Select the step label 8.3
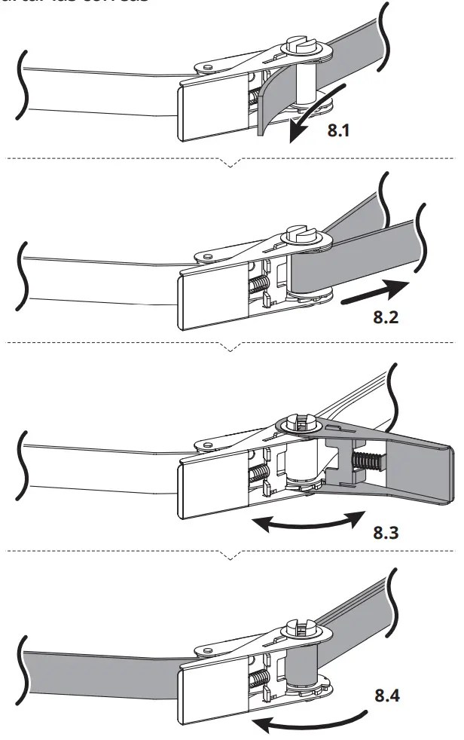pos(390,536)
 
